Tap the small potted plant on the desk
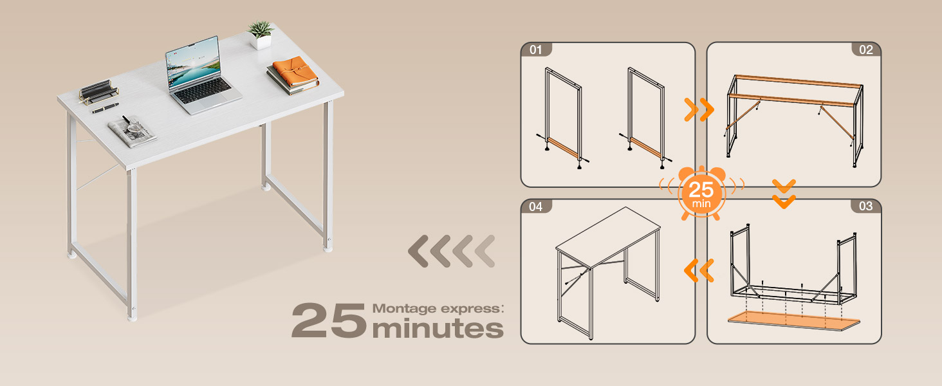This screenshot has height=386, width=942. (x=261, y=35)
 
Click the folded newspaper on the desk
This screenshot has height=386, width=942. (x=132, y=129)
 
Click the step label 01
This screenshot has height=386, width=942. (x=535, y=50)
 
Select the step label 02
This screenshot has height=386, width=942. (x=866, y=50)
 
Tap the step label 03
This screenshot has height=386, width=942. (x=866, y=206)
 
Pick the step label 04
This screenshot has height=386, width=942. (x=535, y=206)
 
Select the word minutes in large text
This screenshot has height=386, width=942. (x=438, y=328)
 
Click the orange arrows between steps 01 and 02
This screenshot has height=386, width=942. (x=700, y=110)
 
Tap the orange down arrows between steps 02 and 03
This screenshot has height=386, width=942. (x=784, y=194)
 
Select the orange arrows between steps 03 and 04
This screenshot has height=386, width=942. (x=700, y=270)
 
